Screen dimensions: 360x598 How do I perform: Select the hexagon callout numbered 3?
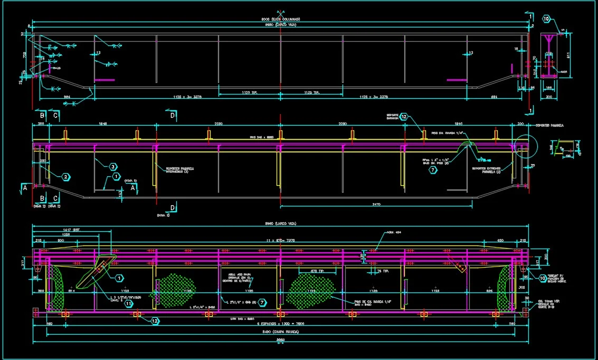pos(113,167)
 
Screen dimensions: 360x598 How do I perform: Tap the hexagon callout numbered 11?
pos(128,304)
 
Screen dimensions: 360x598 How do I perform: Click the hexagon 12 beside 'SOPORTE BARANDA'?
pos(404,117)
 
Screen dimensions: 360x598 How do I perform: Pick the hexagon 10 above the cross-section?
pos(546,19)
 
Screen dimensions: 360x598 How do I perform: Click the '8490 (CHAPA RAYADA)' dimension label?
pos(280,332)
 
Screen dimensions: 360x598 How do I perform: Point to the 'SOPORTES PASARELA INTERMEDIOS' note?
pos(180,170)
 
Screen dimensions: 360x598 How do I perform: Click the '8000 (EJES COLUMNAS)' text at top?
pos(280,19)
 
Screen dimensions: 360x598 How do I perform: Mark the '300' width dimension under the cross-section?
pos(549,97)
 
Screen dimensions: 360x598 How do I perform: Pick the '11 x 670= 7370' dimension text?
pos(280,240)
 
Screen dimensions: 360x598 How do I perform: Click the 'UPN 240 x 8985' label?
pos(243,319)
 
